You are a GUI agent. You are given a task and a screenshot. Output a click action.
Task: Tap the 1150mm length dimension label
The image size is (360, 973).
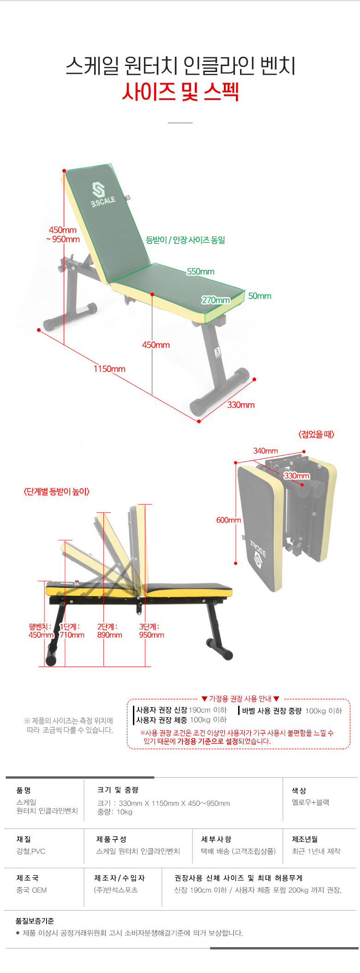(x=109, y=369)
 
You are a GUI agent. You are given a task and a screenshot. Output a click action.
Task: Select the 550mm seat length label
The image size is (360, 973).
(x=201, y=271)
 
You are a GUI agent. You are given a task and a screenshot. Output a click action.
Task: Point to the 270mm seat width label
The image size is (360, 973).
(x=216, y=300)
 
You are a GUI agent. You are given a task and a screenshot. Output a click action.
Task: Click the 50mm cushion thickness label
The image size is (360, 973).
(x=260, y=296)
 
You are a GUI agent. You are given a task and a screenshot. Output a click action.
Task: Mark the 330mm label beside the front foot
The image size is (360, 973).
(x=240, y=405)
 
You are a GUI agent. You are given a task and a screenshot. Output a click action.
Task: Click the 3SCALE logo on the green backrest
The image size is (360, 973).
(x=101, y=195)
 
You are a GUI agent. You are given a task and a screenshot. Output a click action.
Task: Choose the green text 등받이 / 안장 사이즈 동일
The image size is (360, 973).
(x=186, y=240)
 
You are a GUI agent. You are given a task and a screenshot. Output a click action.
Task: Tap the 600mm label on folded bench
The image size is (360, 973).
(x=228, y=520)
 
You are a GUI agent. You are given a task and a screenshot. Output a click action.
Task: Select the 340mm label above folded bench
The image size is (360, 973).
(x=265, y=450)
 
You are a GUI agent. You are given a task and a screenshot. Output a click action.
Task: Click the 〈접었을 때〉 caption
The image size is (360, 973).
(x=316, y=434)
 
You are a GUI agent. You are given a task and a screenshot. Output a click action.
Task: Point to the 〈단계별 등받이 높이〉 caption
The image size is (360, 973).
(x=56, y=492)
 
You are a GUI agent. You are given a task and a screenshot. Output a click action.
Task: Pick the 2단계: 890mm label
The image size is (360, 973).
(x=109, y=631)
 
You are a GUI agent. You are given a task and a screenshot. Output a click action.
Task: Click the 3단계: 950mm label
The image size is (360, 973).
(x=151, y=631)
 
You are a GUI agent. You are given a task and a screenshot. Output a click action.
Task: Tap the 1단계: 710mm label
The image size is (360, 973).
(x=72, y=631)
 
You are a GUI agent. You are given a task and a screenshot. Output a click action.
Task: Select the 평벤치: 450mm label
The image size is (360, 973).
(x=41, y=631)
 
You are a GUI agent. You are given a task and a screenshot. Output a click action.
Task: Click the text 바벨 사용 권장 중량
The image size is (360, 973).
(x=271, y=711)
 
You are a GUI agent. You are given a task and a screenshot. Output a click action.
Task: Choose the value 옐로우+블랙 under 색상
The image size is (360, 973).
(x=310, y=802)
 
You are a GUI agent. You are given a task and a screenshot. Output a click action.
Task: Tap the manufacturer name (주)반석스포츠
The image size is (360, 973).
(x=116, y=890)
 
